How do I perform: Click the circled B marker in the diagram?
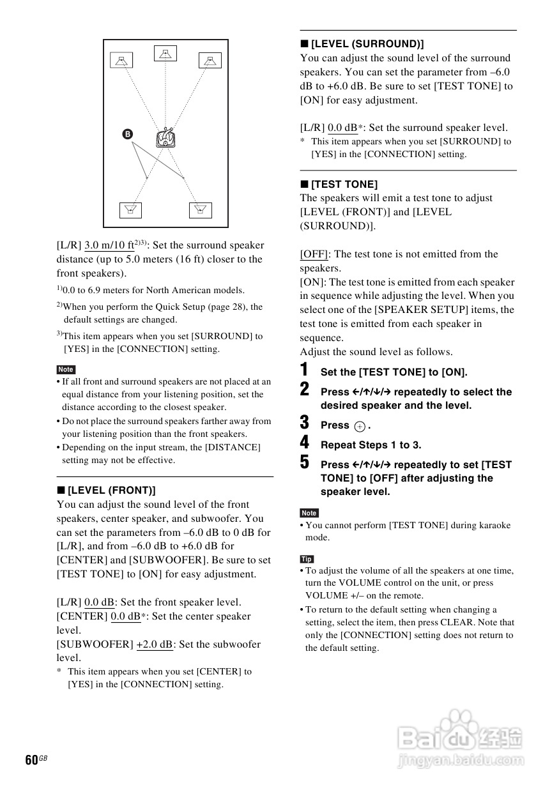[x=127, y=134]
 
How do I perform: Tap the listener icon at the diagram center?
[x=165, y=137]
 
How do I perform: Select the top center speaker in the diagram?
[x=165, y=54]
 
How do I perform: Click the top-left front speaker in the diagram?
[x=121, y=61]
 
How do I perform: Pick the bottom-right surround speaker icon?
[x=200, y=210]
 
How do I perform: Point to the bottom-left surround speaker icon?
[x=130, y=210]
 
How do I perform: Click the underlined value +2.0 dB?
[x=155, y=644]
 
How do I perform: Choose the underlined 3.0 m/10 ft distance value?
[x=109, y=245]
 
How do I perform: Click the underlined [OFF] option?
[x=314, y=254]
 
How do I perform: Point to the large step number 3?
[x=305, y=423]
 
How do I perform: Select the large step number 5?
[x=305, y=462]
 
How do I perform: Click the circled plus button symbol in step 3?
[x=360, y=426]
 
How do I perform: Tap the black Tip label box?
[x=307, y=559]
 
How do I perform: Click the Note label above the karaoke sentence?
[x=309, y=513]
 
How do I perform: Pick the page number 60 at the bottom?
[x=31, y=760]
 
